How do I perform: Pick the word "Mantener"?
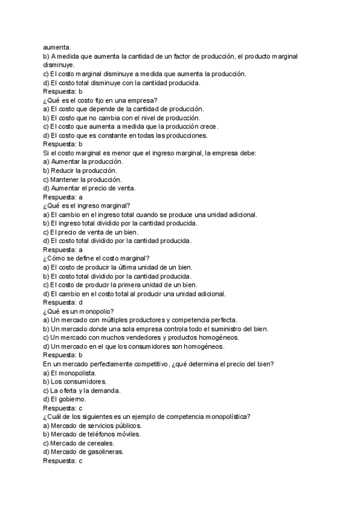(68, 179)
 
